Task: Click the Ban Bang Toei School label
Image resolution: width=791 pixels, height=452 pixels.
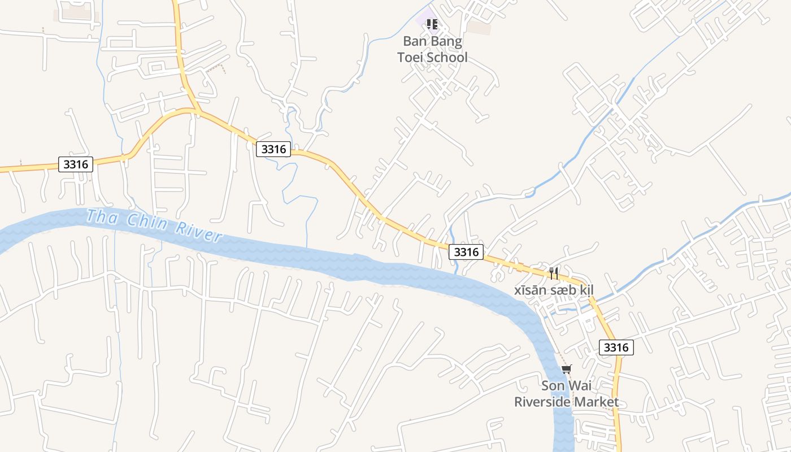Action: (x=432, y=49)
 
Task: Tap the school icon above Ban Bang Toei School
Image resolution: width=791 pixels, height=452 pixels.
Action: (x=432, y=24)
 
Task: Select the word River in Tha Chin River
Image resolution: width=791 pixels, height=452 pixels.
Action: (x=198, y=231)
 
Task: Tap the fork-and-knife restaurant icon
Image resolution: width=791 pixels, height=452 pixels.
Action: (x=554, y=273)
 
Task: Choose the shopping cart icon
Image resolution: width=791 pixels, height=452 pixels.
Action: (x=566, y=369)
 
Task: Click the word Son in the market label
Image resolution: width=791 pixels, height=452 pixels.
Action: (x=553, y=386)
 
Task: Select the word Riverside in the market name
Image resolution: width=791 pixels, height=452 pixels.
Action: (x=542, y=402)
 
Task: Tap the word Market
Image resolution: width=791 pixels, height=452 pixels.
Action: (x=597, y=402)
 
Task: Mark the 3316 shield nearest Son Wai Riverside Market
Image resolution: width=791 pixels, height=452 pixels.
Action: (x=616, y=347)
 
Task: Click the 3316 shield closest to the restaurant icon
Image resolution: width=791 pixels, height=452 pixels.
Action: (x=466, y=252)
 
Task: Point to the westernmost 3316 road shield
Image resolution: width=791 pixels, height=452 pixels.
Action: (x=76, y=164)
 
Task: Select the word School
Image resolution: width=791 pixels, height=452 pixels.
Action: (x=447, y=58)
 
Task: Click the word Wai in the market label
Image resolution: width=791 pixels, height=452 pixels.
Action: (x=581, y=386)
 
